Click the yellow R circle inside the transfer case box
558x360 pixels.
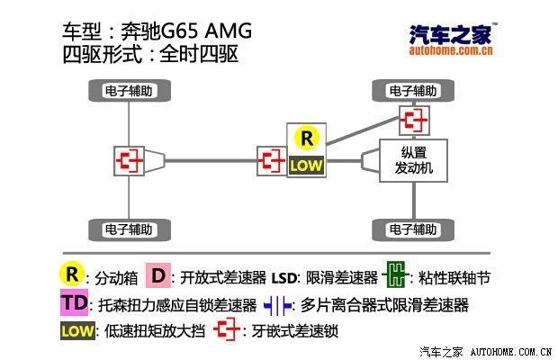point(307,138)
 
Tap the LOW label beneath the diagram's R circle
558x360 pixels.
point(306,166)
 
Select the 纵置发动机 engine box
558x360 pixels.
point(413,160)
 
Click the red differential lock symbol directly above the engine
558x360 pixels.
point(414,121)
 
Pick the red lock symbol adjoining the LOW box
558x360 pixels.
point(272,161)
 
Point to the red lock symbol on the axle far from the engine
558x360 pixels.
point(129,161)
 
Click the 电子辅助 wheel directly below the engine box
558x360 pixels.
point(413,229)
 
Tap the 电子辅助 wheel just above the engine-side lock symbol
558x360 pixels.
point(413,91)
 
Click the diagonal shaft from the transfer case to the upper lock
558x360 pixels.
point(363,130)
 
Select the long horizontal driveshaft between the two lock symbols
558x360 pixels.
point(211,161)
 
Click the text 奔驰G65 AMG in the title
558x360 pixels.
point(186,31)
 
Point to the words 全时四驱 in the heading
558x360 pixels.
point(199,54)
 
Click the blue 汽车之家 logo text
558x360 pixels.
point(451,34)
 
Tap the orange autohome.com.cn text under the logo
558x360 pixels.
point(451,50)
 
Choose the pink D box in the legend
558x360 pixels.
point(158,275)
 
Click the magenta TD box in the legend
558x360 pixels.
point(74,302)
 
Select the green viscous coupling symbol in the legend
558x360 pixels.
point(395,274)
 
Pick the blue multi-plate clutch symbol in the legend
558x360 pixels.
point(277,306)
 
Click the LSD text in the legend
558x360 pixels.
point(284,278)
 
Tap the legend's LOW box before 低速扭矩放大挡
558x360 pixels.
point(77,331)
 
